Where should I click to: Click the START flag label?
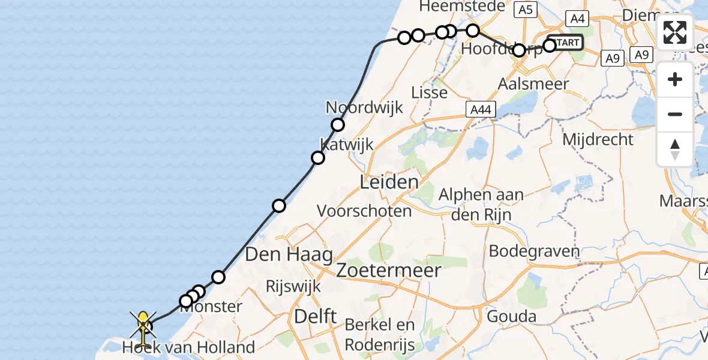tap(566, 43)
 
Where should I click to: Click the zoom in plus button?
tap(675, 79)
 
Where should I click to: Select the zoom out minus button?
tap(675, 114)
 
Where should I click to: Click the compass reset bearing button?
tap(675, 149)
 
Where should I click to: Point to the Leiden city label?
tap(389, 182)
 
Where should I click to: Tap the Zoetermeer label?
tap(388, 270)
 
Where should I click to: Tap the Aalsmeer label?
tap(533, 84)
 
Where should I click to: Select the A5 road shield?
tap(525, 10)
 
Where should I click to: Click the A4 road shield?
tap(577, 19)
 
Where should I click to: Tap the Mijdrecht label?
tap(598, 140)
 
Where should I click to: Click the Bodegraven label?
tap(535, 251)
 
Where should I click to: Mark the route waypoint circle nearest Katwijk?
tap(318, 158)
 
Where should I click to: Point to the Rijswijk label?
tap(293, 286)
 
